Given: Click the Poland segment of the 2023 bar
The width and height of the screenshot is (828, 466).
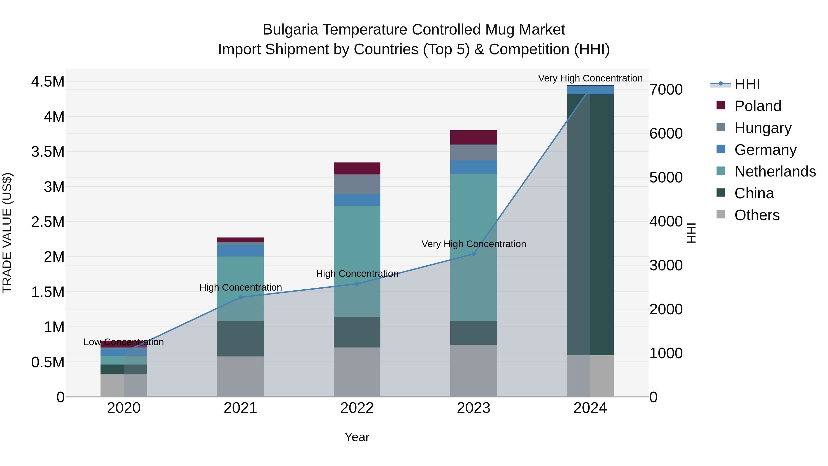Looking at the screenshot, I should (x=474, y=137).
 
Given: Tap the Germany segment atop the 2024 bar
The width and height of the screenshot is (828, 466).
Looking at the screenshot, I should (x=590, y=90).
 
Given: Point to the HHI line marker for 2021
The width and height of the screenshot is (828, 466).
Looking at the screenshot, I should (x=240, y=297).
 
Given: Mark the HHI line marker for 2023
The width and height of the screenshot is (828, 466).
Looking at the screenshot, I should (x=474, y=254).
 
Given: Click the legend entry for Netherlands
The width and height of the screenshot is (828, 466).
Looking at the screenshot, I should (x=775, y=171).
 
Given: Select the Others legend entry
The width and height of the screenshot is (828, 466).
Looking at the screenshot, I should (x=757, y=215).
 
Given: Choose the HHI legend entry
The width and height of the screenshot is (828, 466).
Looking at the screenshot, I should (x=747, y=84).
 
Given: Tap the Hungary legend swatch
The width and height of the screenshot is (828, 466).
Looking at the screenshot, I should (x=721, y=127).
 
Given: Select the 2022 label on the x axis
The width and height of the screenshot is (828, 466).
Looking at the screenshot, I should (x=357, y=408).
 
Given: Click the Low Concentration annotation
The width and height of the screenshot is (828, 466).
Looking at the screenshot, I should (x=124, y=342).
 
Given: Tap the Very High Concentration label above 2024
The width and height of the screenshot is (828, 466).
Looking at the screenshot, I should (x=590, y=78).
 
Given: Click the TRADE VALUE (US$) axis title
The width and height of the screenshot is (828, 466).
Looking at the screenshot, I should (x=7, y=233).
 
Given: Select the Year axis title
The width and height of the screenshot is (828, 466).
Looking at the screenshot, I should (x=357, y=437).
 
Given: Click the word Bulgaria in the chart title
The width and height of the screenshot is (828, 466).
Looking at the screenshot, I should (x=290, y=30).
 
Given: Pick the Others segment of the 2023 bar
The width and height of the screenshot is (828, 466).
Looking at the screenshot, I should (x=474, y=370).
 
